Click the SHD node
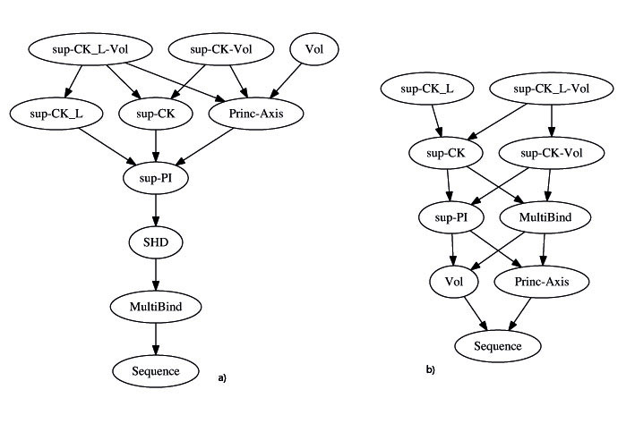pos(156,242)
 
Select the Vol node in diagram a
pos(314,49)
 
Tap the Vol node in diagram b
pos(454,282)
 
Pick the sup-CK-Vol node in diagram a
pos(221,49)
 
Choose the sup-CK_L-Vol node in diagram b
pos(552,89)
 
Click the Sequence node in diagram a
pos(156,371)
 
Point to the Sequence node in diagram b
pos(498,346)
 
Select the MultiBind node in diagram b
pos(545,217)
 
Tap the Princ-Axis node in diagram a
pos(256,114)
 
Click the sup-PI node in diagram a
pos(156,178)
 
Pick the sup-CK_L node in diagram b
pos(427,89)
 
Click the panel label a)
pos(222,378)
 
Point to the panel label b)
pos(430,369)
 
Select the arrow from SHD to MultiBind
pos(156,275)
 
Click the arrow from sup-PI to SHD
pos(156,210)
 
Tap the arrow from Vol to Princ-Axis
pos(286,80)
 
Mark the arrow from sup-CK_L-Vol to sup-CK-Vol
pos(551,121)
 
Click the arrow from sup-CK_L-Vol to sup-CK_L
pos(73,81)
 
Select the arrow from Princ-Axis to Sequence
pos(520,314)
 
